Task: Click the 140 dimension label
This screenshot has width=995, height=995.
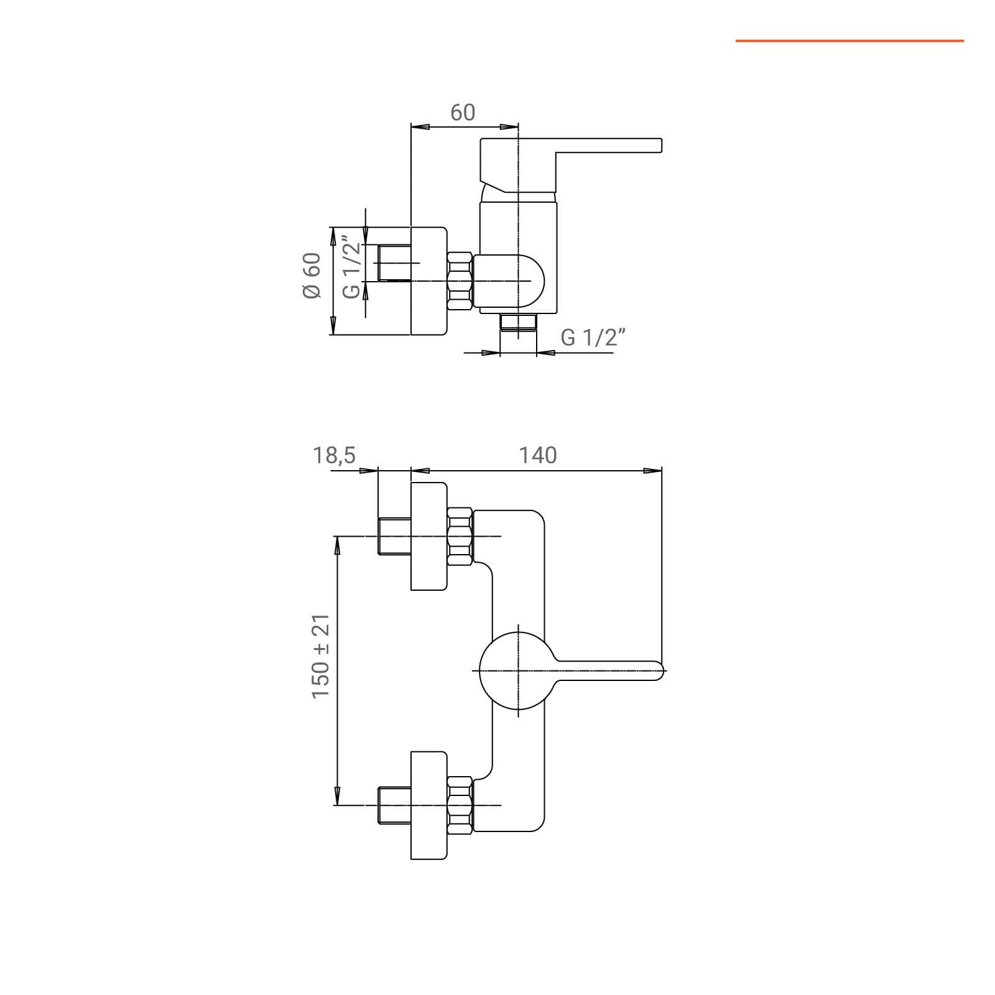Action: [538, 455]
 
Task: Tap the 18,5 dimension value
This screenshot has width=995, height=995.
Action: [334, 455]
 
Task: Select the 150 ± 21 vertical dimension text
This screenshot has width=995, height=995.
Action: [321, 656]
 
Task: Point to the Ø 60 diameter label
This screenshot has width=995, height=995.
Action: [312, 275]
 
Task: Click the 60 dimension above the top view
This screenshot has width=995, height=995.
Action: [463, 113]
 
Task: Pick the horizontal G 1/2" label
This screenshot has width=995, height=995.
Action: [592, 337]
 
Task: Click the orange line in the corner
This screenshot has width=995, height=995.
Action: [849, 41]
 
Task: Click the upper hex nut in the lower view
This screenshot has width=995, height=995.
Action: [460, 536]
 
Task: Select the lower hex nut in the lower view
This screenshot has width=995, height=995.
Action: [460, 805]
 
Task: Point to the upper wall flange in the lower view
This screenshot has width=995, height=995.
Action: [429, 536]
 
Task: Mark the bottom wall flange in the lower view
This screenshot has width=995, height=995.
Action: [429, 805]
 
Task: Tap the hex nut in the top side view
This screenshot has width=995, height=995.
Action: [460, 280]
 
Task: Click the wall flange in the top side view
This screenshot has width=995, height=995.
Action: [429, 280]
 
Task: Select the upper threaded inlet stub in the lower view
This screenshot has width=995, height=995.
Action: [395, 536]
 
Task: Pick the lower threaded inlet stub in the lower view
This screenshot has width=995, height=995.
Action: [395, 805]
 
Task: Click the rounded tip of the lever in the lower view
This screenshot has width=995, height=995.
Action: [659, 671]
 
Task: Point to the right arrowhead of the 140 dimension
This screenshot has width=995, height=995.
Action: [652, 471]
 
